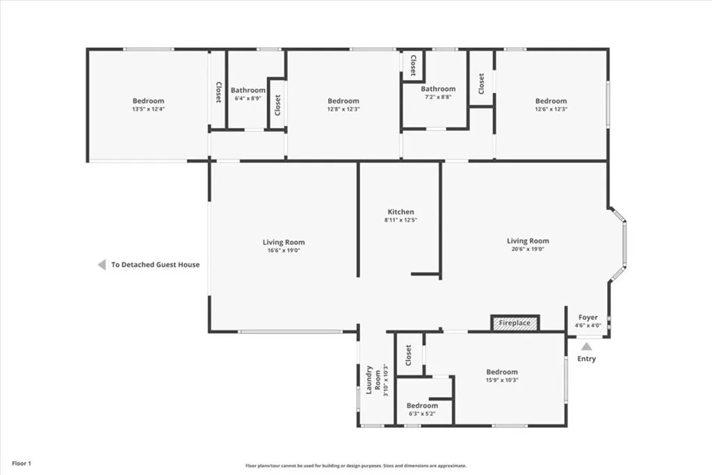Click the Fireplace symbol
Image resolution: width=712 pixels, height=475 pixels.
(515, 323)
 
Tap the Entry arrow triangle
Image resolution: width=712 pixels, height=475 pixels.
(587, 346)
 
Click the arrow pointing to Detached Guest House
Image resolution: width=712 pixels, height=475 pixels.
(102, 264)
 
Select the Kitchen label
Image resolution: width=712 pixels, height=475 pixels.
(400, 212)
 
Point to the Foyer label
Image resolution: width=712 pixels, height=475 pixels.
(588, 317)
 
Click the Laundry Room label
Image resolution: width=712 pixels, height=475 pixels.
(374, 380)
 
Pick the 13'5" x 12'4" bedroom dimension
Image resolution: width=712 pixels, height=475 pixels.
(149, 109)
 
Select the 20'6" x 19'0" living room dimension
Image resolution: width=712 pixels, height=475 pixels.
(528, 249)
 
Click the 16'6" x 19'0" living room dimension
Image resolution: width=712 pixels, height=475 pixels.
(283, 250)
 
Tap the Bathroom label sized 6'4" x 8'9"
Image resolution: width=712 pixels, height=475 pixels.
(248, 90)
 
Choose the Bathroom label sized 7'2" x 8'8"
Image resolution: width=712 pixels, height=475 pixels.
(438, 89)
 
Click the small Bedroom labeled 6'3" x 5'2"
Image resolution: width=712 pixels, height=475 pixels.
(422, 405)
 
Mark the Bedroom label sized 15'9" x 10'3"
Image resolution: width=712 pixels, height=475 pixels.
(501, 372)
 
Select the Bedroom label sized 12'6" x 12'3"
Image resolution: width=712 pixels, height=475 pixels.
(551, 101)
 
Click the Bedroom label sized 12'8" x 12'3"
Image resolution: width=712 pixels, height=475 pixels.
(343, 101)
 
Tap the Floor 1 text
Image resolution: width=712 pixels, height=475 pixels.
(22, 463)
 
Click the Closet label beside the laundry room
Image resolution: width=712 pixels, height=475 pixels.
(409, 355)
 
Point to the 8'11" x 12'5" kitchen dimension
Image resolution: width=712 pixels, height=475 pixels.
(400, 220)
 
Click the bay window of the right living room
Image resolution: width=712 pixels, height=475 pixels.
(624, 244)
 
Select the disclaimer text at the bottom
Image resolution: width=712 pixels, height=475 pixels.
(355, 466)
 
